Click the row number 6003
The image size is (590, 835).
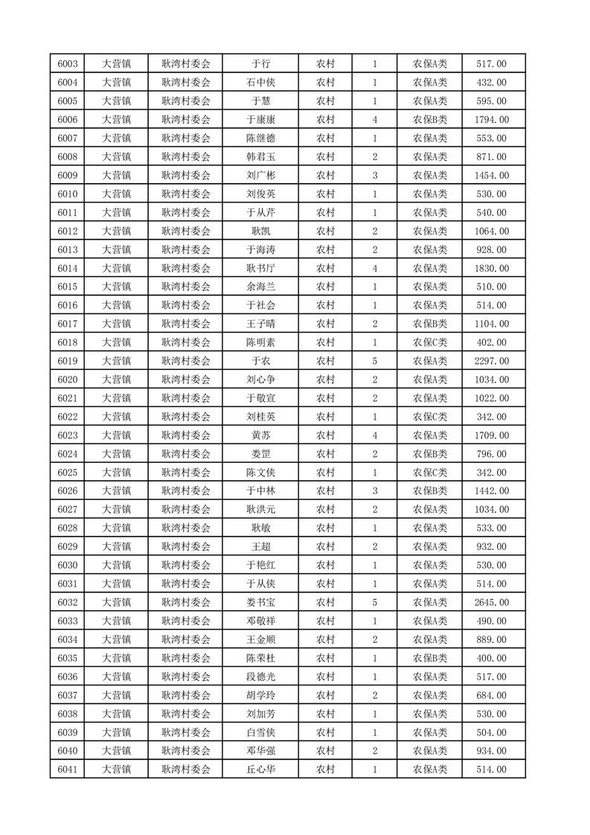[68, 64]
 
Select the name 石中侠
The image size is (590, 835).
[260, 83]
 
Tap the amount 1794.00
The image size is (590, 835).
[491, 120]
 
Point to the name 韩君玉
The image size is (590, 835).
[260, 157]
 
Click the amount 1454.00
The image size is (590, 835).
[491, 176]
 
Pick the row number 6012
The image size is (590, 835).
[68, 231]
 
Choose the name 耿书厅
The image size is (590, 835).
[260, 269]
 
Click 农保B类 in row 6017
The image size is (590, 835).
[430, 324]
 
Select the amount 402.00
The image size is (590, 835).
[491, 342]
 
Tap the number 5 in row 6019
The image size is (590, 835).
[374, 361]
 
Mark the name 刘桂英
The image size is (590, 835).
[260, 417]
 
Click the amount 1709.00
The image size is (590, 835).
[491, 435]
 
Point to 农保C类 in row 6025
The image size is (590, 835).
[430, 473]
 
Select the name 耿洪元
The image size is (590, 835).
[260, 510]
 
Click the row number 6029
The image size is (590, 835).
[68, 547]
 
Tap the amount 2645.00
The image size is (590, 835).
[491, 602]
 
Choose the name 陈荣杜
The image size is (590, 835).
[260, 658]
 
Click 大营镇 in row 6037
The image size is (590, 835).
[116, 695]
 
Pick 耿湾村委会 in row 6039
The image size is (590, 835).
[186, 732]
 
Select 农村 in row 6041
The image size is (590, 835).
[325, 770]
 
